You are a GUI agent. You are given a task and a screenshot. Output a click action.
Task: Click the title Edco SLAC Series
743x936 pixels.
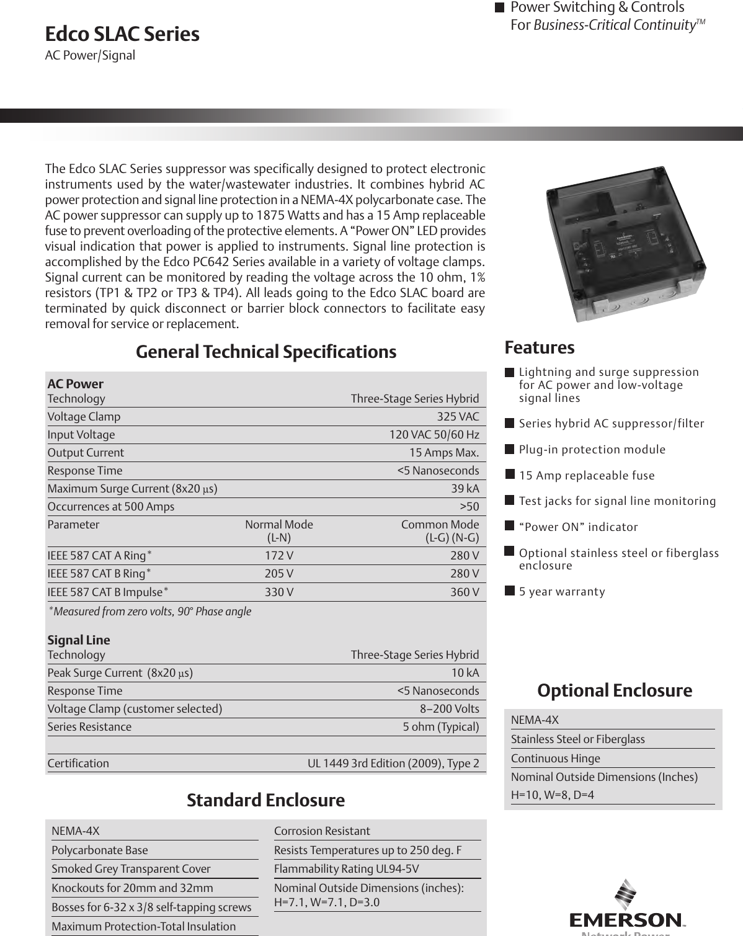coord(122,34)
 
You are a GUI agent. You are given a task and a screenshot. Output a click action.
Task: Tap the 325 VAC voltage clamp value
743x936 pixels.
coord(458,417)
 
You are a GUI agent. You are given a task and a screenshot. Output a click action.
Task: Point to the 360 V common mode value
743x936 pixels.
coord(465,592)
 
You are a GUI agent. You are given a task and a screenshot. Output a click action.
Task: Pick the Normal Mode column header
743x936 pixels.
coord(279,525)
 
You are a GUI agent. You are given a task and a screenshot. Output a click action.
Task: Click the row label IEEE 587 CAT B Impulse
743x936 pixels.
coord(107,592)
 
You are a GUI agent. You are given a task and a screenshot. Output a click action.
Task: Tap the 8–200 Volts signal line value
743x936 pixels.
coord(449,709)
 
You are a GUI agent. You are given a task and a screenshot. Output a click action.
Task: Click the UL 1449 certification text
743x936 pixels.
coord(393,764)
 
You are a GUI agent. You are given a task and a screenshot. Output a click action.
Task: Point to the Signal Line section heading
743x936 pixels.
coord(79,640)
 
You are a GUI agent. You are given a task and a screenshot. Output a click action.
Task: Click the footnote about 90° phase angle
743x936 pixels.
coord(150,612)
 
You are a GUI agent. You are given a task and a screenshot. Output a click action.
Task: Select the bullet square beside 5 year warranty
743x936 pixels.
coord(509,591)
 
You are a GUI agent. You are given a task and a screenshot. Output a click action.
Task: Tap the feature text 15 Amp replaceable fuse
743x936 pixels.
coord(586,476)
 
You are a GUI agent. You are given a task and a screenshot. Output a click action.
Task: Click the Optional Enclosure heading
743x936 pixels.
coord(614,690)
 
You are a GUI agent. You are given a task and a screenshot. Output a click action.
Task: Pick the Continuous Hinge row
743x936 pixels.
coord(555,759)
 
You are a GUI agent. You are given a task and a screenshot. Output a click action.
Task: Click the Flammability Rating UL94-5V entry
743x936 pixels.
coord(346,869)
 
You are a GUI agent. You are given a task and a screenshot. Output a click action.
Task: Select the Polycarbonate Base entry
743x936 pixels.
coord(99,850)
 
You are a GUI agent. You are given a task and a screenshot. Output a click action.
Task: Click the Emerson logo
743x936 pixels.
coord(625,908)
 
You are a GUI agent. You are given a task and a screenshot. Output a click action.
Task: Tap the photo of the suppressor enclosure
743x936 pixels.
coord(625,243)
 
